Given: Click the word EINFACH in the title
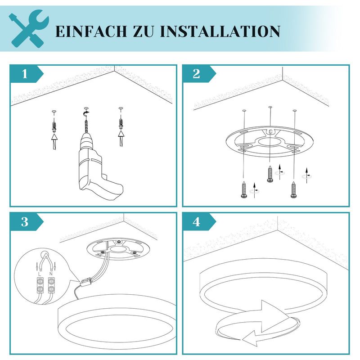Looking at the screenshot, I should (87, 31).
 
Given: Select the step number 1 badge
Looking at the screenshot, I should (25, 74).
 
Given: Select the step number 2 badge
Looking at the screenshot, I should (197, 74).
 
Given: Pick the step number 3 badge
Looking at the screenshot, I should (25, 221).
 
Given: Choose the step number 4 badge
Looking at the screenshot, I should (197, 221).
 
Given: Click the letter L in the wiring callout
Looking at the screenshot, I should (40, 274).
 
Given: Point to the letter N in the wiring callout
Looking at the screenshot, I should (51, 274).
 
